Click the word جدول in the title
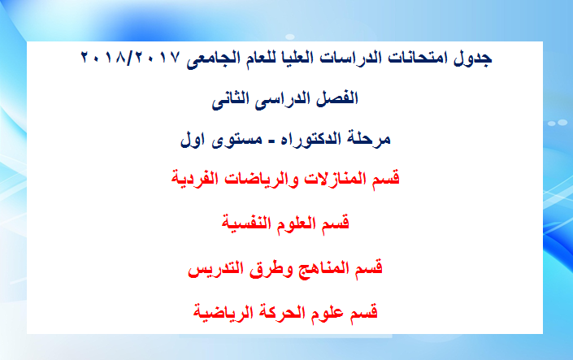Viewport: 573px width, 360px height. tap(472, 59)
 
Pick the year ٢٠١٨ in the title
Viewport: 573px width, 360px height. tap(102, 58)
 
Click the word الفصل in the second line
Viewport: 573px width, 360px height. tap(337, 98)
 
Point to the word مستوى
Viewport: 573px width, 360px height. tap(237, 139)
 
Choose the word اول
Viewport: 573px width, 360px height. tap(192, 139)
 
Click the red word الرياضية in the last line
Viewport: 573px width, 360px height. tap(223, 313)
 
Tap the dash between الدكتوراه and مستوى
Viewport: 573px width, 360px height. tap(271, 141)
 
